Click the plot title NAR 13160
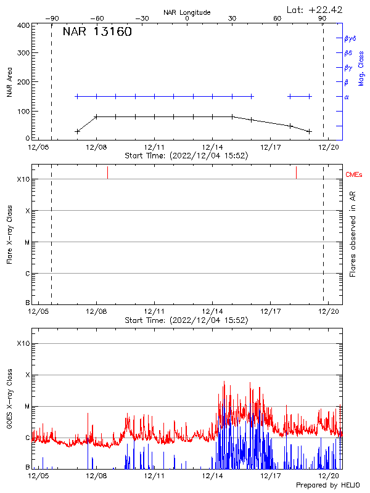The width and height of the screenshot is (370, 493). [97, 33]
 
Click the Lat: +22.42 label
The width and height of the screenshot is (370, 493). [315, 9]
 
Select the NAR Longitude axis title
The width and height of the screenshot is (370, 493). [187, 12]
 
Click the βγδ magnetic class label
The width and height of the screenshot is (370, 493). [350, 38]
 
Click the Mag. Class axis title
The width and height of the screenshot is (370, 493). [361, 68]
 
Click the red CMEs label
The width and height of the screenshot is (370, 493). [355, 176]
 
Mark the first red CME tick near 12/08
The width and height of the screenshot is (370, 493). [107, 172]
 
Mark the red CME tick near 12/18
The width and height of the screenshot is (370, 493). [296, 172]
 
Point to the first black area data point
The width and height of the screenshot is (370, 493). [77, 131]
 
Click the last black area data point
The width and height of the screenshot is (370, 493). [310, 131]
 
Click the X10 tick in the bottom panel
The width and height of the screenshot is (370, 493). [23, 343]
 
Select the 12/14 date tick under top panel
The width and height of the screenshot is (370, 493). [212, 148]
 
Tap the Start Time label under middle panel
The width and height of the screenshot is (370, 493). [186, 320]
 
